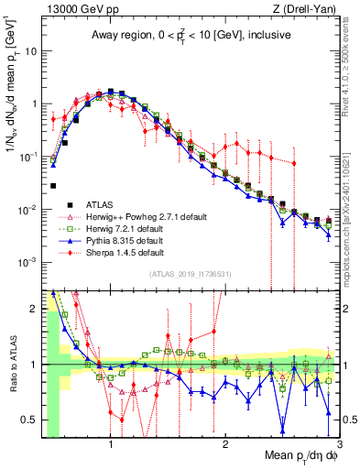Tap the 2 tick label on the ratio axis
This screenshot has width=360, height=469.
[x=35, y=309]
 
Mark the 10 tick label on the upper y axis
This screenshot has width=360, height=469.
[x=30, y=50]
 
